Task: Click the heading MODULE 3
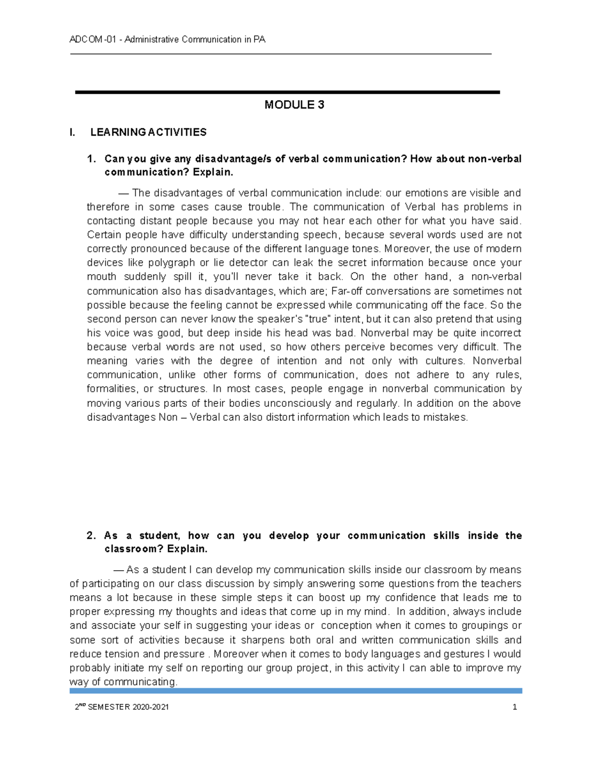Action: point(294,105)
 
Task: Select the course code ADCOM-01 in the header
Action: point(93,39)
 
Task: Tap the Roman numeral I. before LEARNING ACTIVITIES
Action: point(73,132)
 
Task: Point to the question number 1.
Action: point(91,159)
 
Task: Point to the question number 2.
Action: point(91,536)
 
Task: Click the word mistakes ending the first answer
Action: point(447,417)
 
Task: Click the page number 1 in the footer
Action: point(515,707)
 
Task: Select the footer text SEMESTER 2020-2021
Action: point(128,707)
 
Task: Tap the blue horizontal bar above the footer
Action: point(296,691)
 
